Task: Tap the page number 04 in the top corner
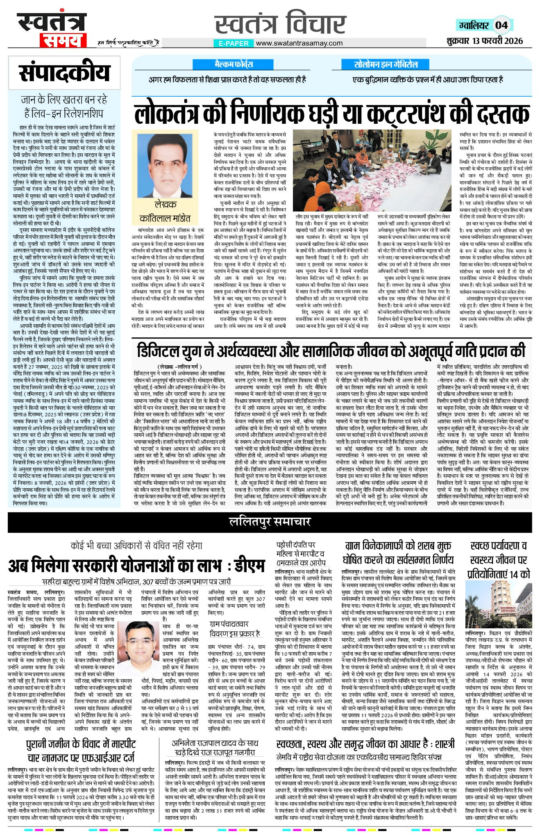[501, 25]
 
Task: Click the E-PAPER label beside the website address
[234, 43]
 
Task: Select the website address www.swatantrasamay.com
[299, 43]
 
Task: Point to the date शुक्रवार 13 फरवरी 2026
[485, 41]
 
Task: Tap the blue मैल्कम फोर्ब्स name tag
[234, 64]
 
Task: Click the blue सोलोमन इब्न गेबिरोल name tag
[386, 64]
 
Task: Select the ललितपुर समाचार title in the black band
[270, 521]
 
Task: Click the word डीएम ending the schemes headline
[246, 566]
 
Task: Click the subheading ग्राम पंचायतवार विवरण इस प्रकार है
[235, 629]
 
